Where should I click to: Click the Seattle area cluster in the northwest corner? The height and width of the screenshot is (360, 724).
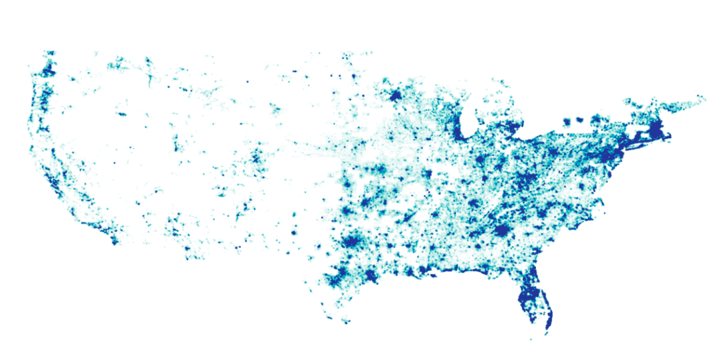point(48,70)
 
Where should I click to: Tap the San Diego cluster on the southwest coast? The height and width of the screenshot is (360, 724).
point(114,240)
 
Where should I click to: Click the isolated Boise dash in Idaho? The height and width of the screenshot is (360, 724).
point(122,114)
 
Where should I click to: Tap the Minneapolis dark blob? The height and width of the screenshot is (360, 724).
point(395,96)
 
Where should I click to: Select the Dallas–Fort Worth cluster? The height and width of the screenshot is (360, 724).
point(350,242)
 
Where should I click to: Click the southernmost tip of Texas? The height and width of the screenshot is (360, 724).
point(346,323)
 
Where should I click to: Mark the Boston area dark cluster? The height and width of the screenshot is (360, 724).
point(657,128)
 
